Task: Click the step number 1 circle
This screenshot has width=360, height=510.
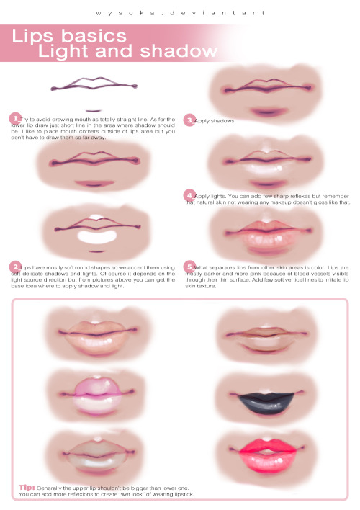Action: pyautogui.click(x=15, y=119)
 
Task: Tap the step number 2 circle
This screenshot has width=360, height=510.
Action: pyautogui.click(x=15, y=267)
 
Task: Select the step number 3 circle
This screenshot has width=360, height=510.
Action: pyautogui.click(x=189, y=120)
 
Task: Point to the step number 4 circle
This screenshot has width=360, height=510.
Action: pyautogui.click(x=189, y=195)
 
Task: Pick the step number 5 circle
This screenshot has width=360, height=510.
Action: pyautogui.click(x=189, y=267)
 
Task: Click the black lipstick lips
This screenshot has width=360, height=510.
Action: pyautogui.click(x=266, y=403)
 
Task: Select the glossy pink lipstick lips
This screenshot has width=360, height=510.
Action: pyautogui.click(x=97, y=396)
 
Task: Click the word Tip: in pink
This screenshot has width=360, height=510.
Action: pyautogui.click(x=27, y=487)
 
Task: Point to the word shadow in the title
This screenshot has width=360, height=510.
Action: pyautogui.click(x=179, y=51)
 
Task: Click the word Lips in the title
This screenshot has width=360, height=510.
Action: pyautogui.click(x=32, y=36)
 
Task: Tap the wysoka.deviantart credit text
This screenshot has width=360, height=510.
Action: pyautogui.click(x=180, y=13)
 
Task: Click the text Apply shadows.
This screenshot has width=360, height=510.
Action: pyautogui.click(x=215, y=121)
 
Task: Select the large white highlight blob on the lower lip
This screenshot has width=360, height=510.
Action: pyautogui.click(x=97, y=236)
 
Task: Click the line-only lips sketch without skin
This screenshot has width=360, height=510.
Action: pyautogui.click(x=94, y=84)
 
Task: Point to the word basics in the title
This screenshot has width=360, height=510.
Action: pyautogui.click(x=94, y=36)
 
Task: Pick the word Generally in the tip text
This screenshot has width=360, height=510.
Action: pyautogui.click(x=49, y=488)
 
